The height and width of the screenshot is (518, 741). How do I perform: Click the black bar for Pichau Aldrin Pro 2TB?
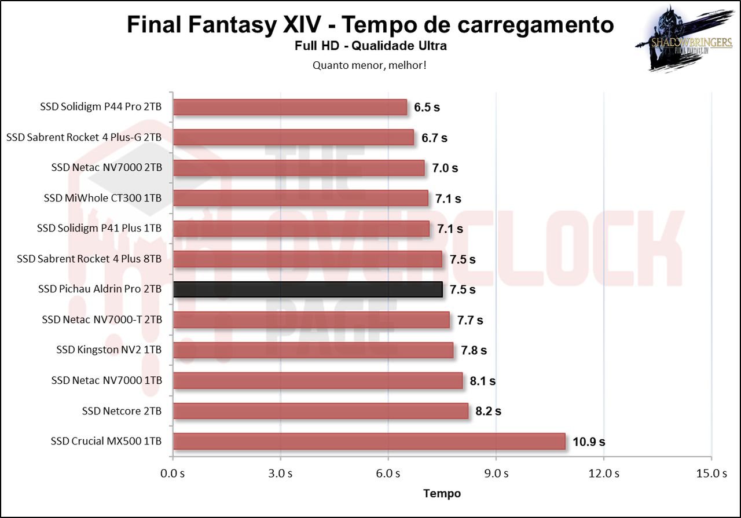[308, 289]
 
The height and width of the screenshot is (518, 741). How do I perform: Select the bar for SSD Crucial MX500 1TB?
[369, 441]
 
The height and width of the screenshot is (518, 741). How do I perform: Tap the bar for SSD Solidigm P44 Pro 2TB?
[290, 107]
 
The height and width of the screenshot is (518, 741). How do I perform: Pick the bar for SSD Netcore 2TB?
[320, 411]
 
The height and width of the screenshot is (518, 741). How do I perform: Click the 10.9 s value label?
[589, 442]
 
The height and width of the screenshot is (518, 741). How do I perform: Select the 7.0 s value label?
[445, 168]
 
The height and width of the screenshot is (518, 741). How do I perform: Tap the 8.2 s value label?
[489, 412]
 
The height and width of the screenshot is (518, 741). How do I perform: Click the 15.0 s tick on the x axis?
[711, 473]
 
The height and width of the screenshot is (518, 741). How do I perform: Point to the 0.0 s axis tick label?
[173, 473]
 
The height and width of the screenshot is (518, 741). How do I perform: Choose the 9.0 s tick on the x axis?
[496, 473]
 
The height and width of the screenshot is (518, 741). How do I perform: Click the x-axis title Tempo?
[442, 494]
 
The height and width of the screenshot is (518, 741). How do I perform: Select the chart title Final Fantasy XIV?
[370, 25]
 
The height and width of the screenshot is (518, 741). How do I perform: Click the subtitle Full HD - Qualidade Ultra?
[370, 46]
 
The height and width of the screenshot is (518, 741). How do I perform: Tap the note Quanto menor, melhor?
[370, 65]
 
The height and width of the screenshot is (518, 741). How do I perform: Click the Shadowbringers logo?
[674, 39]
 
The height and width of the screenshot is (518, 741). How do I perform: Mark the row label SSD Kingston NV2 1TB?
[109, 350]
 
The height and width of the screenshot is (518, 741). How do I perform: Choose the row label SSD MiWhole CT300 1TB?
[102, 199]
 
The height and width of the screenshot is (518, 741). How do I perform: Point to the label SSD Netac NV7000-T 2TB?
[102, 319]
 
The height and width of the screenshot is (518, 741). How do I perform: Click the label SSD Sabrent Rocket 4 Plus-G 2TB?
[84, 138]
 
